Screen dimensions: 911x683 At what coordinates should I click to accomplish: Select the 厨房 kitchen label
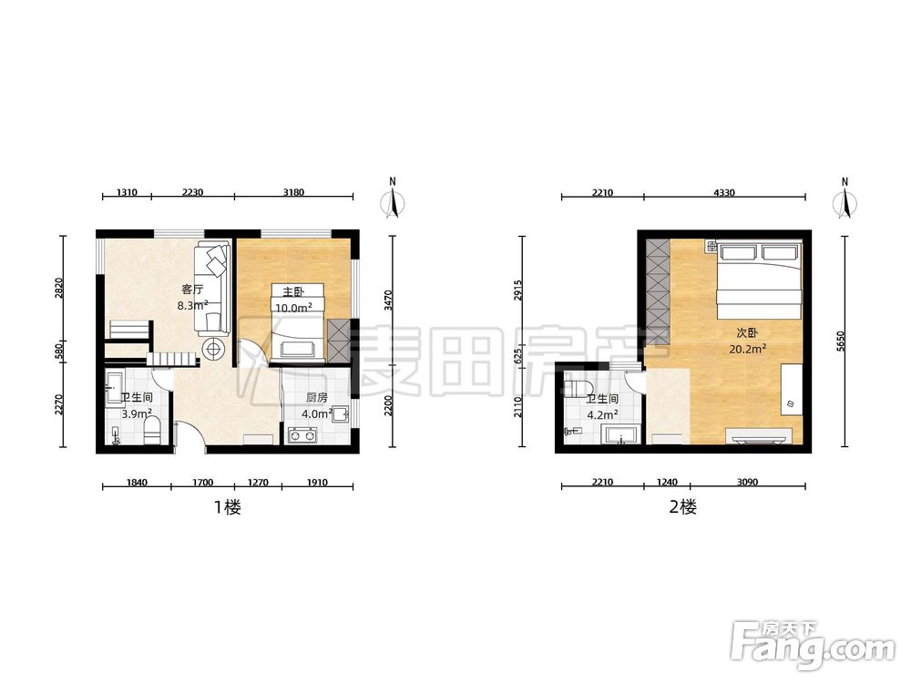[317, 398]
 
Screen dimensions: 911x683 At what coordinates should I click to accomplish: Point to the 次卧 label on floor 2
[747, 333]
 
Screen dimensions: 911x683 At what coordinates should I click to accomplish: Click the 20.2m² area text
[747, 349]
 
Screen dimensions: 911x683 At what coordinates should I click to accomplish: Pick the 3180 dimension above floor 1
[293, 192]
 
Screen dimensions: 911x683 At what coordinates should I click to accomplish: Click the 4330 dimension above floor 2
[724, 192]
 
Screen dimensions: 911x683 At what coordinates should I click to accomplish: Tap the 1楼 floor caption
[228, 507]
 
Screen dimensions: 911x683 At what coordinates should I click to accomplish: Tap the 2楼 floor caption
[682, 507]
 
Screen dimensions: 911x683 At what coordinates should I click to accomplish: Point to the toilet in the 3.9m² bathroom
[152, 432]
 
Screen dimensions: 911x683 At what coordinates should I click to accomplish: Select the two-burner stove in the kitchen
[302, 434]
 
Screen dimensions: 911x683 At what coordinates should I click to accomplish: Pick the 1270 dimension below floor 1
[258, 482]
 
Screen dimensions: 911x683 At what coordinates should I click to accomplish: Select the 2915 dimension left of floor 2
[518, 291]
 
